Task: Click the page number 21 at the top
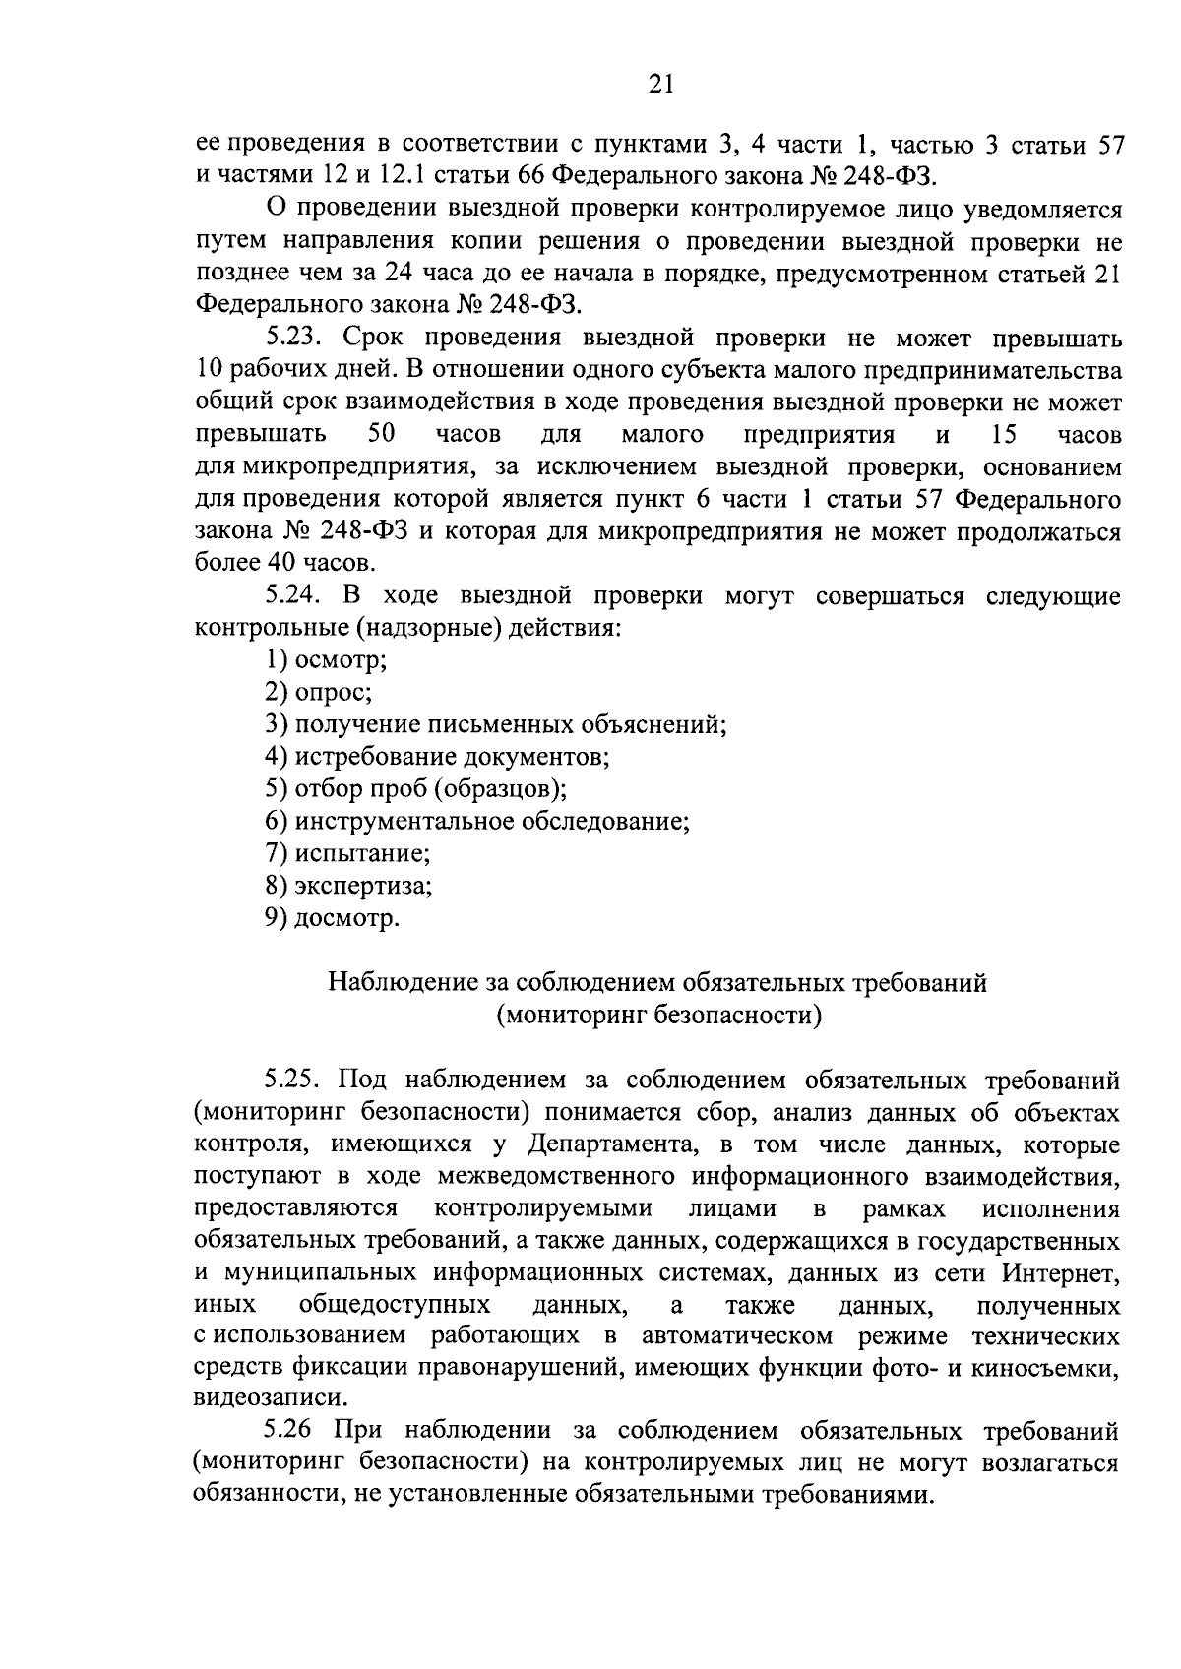click(x=660, y=85)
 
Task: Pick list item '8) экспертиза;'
click(x=348, y=886)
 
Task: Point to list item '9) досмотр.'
click(x=333, y=918)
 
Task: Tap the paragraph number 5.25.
click(x=295, y=1081)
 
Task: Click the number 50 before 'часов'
click(x=381, y=434)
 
